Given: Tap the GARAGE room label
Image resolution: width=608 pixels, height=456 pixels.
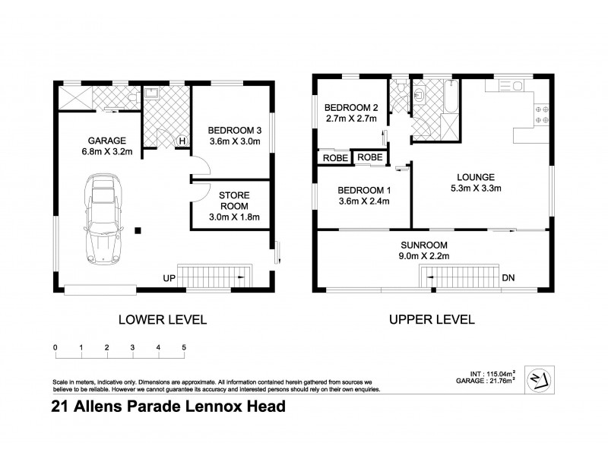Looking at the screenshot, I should pyautogui.click(x=105, y=141).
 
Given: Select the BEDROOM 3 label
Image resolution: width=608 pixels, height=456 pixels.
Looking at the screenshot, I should pyautogui.click(x=233, y=129).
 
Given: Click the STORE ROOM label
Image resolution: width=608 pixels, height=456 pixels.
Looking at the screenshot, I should pyautogui.click(x=234, y=200).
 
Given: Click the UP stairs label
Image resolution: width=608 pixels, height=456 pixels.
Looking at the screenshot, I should pyautogui.click(x=169, y=279).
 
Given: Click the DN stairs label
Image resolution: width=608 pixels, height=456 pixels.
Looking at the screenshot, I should pyautogui.click(x=508, y=279).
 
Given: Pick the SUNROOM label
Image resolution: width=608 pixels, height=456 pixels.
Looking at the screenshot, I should pyautogui.click(x=425, y=245).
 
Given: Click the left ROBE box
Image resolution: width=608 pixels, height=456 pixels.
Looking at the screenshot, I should pyautogui.click(x=335, y=157).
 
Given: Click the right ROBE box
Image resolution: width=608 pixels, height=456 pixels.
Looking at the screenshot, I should pyautogui.click(x=370, y=157).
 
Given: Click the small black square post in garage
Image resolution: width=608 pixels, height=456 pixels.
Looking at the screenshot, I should pyautogui.click(x=138, y=230).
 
